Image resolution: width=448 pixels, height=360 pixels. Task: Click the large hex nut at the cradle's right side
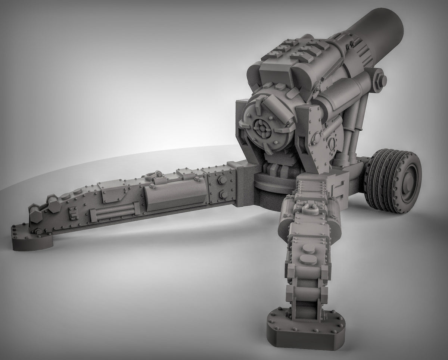[377, 81]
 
